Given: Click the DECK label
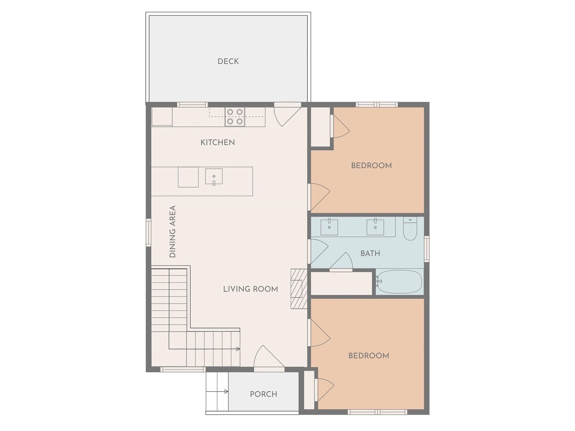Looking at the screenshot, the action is pyautogui.click(x=228, y=61).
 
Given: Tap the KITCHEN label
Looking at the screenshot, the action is pyautogui.click(x=218, y=142).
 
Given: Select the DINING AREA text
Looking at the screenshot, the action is pyautogui.click(x=172, y=231).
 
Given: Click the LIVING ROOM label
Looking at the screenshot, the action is pyautogui.click(x=251, y=289).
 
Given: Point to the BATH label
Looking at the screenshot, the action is pyautogui.click(x=370, y=253).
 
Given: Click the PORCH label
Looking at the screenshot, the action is pyautogui.click(x=263, y=394).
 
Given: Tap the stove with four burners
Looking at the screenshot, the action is pyautogui.click(x=235, y=117).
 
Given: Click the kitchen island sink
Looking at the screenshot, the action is pyautogui.click(x=214, y=176).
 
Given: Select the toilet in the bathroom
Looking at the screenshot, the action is pyautogui.click(x=410, y=228).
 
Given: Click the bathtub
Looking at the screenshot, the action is pyautogui.click(x=400, y=282).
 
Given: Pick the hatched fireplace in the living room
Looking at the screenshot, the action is pyautogui.click(x=299, y=289).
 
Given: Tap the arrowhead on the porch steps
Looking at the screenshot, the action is pyautogui.click(x=226, y=391).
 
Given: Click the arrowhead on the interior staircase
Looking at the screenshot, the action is pyautogui.click(x=238, y=349).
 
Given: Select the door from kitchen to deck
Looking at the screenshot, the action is pyautogui.click(x=287, y=114).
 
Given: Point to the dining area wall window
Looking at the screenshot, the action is pyautogui.click(x=149, y=233).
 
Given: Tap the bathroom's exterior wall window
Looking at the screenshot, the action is pyautogui.click(x=427, y=249).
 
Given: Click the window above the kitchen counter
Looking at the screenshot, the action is pyautogui.click(x=193, y=105).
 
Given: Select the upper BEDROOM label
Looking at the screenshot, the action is pyautogui.click(x=371, y=166).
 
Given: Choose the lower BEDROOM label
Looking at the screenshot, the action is pyautogui.click(x=369, y=356).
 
